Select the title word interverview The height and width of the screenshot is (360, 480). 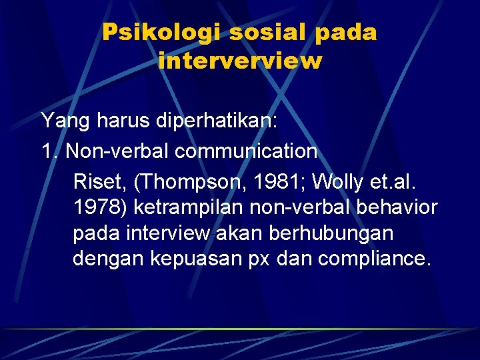240,61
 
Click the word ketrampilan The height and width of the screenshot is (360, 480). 189,208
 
